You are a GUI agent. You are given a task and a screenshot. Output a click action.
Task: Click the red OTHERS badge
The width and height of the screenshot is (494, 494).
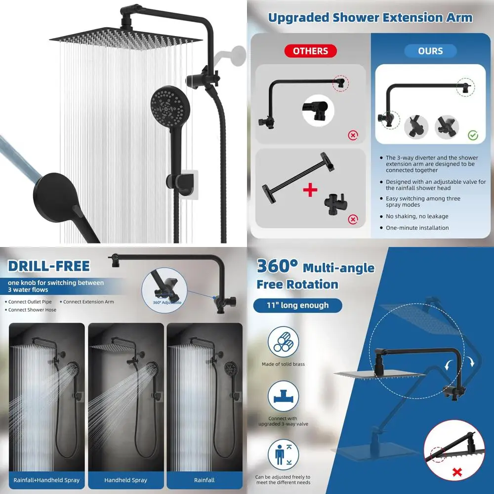(x=310, y=51)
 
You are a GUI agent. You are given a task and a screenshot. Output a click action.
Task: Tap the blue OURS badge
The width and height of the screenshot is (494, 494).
(x=430, y=51)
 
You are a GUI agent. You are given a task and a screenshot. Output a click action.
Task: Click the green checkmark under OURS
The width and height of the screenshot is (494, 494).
(x=473, y=134)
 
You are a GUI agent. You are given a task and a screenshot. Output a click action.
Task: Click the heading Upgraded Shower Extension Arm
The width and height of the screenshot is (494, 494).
(x=370, y=18)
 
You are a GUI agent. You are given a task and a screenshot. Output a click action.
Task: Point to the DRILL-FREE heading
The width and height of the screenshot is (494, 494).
(x=49, y=266)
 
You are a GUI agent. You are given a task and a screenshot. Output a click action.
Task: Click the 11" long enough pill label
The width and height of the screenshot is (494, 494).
(x=297, y=305)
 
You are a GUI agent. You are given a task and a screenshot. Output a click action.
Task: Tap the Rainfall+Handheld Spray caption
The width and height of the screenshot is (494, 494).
(x=47, y=480)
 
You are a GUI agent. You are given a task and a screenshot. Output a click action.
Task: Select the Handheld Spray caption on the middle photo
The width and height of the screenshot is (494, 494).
(x=125, y=480)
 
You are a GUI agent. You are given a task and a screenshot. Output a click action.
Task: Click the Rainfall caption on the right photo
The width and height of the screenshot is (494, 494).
(x=204, y=480)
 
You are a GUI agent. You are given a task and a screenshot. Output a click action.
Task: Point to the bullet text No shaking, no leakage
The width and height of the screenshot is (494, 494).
(x=417, y=216)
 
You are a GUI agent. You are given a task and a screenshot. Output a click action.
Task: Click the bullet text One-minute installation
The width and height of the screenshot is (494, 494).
(x=417, y=228)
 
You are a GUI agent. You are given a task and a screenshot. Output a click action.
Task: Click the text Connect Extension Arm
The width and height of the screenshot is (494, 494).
(x=88, y=302)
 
